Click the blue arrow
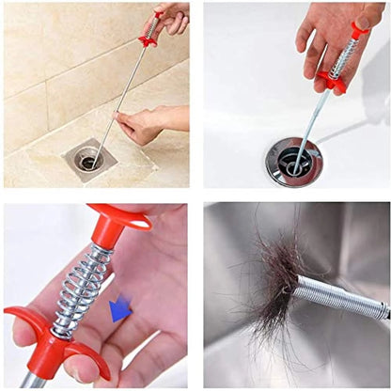pos(120,308)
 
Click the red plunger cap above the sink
pos(362,27)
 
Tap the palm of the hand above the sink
pos(324,38)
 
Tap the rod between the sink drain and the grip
pos(310,122)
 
